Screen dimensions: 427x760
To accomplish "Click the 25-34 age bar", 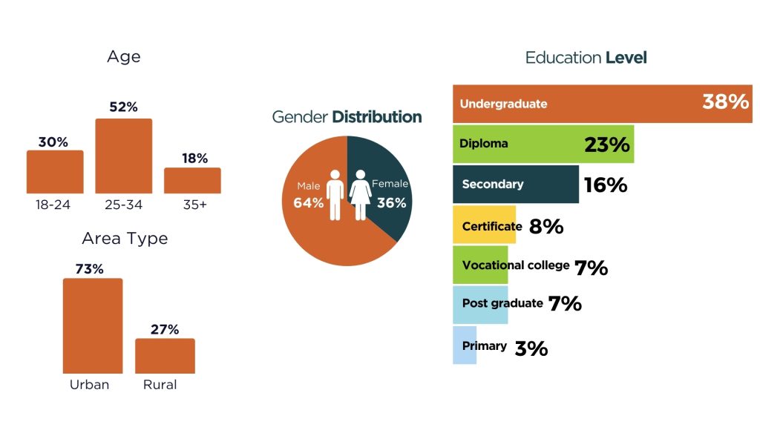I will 123,156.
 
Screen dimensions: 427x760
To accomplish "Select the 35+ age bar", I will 192,180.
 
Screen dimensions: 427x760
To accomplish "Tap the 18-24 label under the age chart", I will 53,205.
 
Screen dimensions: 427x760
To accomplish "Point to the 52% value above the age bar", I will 123,107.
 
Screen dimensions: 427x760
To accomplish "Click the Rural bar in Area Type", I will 165,356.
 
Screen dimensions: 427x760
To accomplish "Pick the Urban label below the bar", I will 89,384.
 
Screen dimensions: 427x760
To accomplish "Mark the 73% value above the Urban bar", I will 89,269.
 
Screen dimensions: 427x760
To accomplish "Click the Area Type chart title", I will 125,238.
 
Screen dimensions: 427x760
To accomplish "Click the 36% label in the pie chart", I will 390,202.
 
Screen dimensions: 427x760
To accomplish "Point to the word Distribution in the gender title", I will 376,116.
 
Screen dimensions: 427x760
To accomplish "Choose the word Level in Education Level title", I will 626,57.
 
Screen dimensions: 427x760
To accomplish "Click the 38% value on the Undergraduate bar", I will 725,102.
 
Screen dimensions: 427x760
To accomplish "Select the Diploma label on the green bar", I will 483,143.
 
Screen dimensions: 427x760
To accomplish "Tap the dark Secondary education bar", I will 515,184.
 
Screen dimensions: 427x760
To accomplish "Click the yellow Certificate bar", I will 483,225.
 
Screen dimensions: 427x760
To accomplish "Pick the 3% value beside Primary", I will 531,348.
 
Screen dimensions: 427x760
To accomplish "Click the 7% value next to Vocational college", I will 591,268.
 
